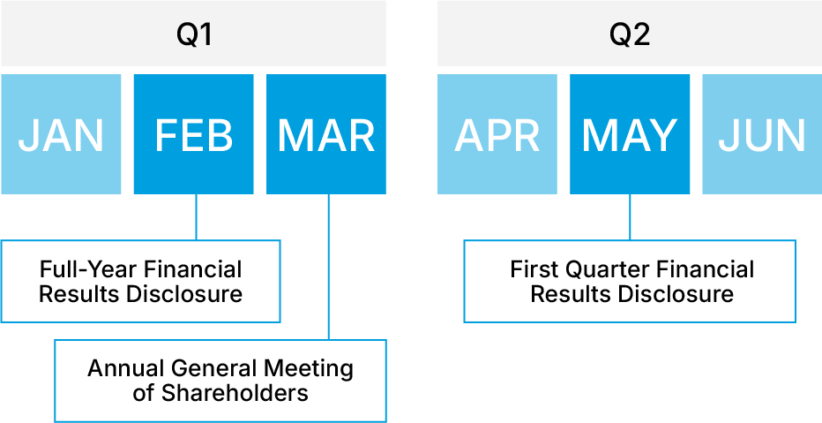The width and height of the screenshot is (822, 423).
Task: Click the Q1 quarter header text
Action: coord(193,35)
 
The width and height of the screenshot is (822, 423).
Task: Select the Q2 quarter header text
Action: coord(630,35)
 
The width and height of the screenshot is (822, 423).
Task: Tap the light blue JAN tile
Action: coord(61,134)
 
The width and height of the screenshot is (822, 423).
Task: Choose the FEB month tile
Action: coord(193,134)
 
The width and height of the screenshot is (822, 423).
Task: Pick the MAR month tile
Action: coord(326,134)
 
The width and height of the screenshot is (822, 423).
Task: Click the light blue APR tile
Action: coord(497,134)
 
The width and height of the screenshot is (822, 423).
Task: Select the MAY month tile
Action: coord(630,134)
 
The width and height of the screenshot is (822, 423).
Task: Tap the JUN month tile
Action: coord(762,134)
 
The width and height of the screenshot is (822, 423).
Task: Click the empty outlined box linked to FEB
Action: coord(141,281)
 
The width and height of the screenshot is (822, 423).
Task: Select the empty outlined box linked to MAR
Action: coord(220,381)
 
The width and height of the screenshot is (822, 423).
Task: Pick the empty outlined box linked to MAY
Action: coord(630,281)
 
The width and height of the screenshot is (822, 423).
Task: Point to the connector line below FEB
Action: coord(196,216)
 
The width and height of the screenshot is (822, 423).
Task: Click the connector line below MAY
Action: coord(630,216)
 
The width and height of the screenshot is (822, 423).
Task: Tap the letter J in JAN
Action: coord(28,135)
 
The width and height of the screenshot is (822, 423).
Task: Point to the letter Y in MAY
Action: coord(661,135)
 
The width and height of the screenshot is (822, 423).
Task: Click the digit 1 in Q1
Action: coord(205,35)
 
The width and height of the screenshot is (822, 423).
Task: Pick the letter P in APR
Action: coord(498,135)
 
